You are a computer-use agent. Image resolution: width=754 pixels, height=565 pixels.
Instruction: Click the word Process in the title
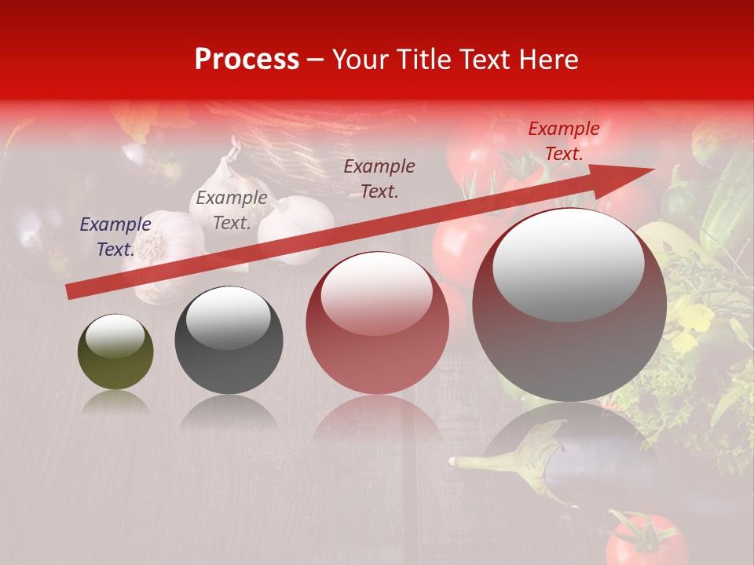tap(247, 60)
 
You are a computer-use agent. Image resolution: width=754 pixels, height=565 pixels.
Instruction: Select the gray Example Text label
tap(232, 210)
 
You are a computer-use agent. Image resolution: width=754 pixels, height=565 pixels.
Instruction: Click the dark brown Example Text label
tap(379, 179)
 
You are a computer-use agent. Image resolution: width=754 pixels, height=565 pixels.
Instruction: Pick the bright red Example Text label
tap(563, 141)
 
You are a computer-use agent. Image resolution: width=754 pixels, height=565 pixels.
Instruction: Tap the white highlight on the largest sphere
tap(568, 265)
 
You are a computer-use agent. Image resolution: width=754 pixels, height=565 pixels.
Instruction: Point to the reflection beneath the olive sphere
tap(115, 404)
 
